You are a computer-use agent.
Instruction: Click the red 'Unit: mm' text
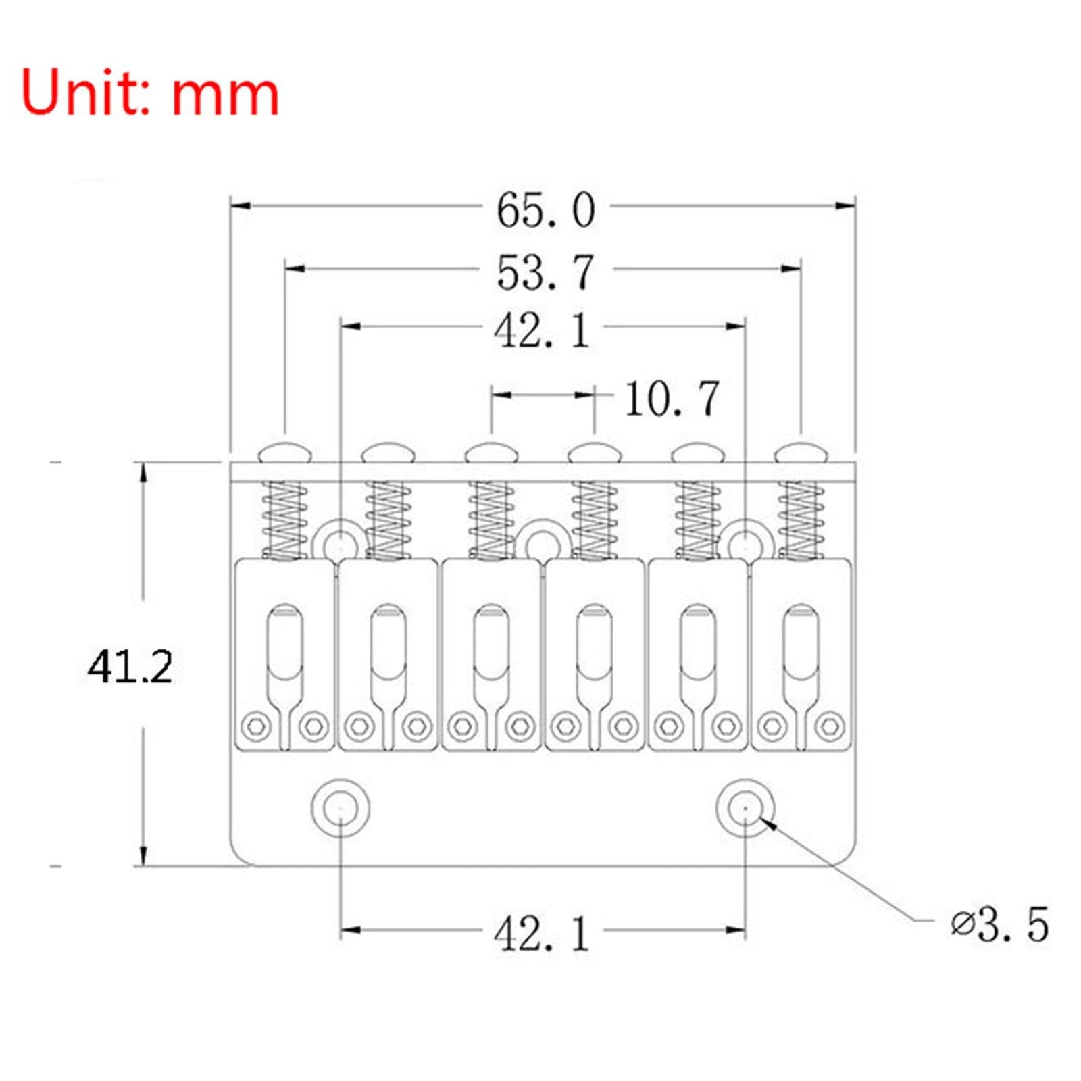click(150, 93)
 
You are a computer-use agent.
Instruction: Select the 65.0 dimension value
click(546, 210)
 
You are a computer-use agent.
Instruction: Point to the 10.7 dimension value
click(672, 399)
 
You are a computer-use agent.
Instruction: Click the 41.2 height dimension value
click(130, 667)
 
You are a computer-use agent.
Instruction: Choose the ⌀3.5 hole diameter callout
click(1000, 924)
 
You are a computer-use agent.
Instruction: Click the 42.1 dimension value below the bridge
click(542, 935)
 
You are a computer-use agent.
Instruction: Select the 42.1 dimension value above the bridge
click(542, 331)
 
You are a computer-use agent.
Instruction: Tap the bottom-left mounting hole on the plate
click(341, 808)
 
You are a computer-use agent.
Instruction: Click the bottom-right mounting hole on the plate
click(745, 808)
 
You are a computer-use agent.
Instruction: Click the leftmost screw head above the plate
click(285, 452)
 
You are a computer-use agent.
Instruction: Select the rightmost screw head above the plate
click(801, 452)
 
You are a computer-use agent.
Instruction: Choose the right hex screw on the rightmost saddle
click(830, 726)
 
